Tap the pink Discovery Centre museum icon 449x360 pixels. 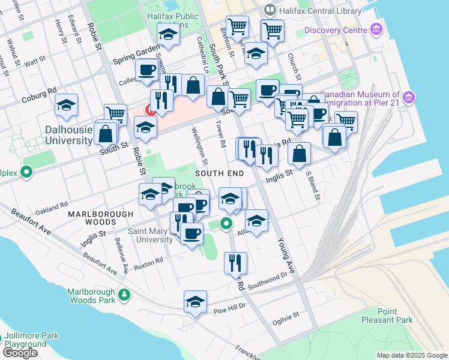pyautogui.click(x=376, y=28)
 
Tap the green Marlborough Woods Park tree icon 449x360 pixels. pyautogui.click(x=124, y=295)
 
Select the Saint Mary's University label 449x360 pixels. pyautogui.click(x=151, y=235)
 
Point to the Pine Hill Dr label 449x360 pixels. pyautogui.click(x=230, y=306)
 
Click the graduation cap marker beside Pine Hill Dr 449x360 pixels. pyautogui.click(x=195, y=303)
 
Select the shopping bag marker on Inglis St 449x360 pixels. pyautogui.click(x=299, y=154)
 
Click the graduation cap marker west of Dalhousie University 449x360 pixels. pyautogui.click(x=66, y=106)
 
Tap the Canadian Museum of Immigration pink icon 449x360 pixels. pyautogui.click(x=409, y=97)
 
